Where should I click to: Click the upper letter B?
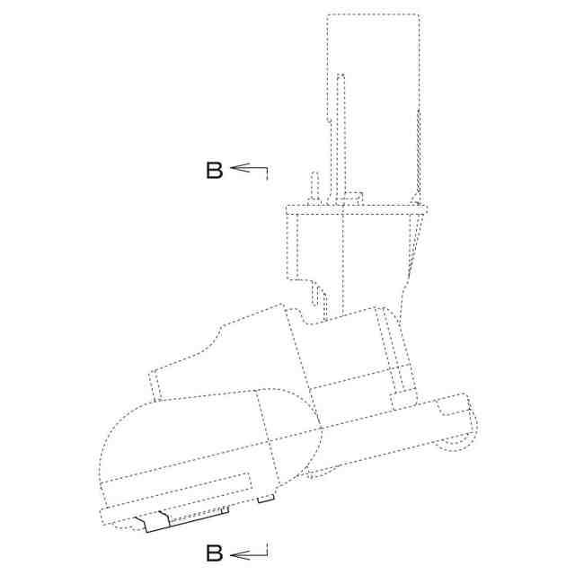(215, 170)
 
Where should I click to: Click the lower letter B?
(215, 553)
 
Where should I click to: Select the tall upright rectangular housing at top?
(373, 106)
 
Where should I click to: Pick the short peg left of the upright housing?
(314, 187)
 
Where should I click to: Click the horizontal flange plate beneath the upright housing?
(357, 209)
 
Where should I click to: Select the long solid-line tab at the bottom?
(182, 518)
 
